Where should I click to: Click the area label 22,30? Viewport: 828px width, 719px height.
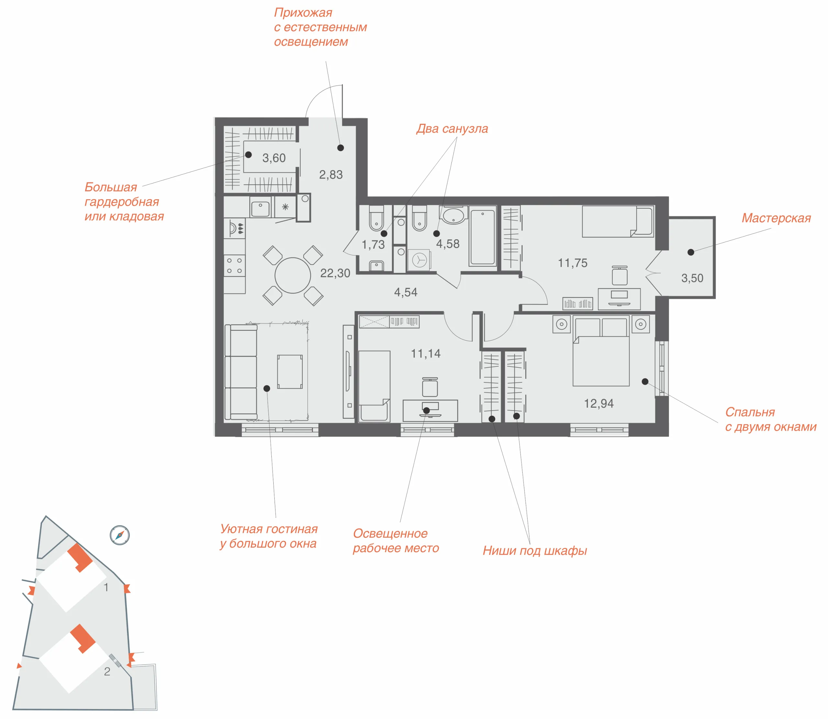pyautogui.click(x=335, y=273)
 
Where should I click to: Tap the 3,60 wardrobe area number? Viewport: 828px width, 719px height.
pyautogui.click(x=274, y=158)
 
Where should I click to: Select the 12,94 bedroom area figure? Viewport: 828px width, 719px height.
pyautogui.click(x=599, y=404)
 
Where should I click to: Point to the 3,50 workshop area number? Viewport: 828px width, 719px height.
pyautogui.click(x=692, y=278)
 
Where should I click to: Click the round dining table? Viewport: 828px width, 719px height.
pyautogui.click(x=293, y=275)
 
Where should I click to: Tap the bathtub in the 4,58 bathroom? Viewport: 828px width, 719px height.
pyautogui.click(x=483, y=237)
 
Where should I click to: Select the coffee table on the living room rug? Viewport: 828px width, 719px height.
pyautogui.click(x=290, y=371)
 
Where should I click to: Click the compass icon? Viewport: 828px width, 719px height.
pyautogui.click(x=120, y=535)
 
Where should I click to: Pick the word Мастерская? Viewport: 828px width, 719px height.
pyautogui.click(x=776, y=218)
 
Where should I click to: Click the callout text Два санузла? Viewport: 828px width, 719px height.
pyautogui.click(x=452, y=129)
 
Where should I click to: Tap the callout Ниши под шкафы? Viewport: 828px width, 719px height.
pyautogui.click(x=535, y=551)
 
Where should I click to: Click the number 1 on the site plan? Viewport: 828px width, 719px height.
pyautogui.click(x=106, y=587)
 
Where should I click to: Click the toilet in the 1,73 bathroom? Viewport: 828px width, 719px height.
pyautogui.click(x=376, y=218)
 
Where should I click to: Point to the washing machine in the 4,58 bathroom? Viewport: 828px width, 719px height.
pyautogui.click(x=419, y=260)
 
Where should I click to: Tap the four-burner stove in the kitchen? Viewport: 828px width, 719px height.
pyautogui.click(x=234, y=266)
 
